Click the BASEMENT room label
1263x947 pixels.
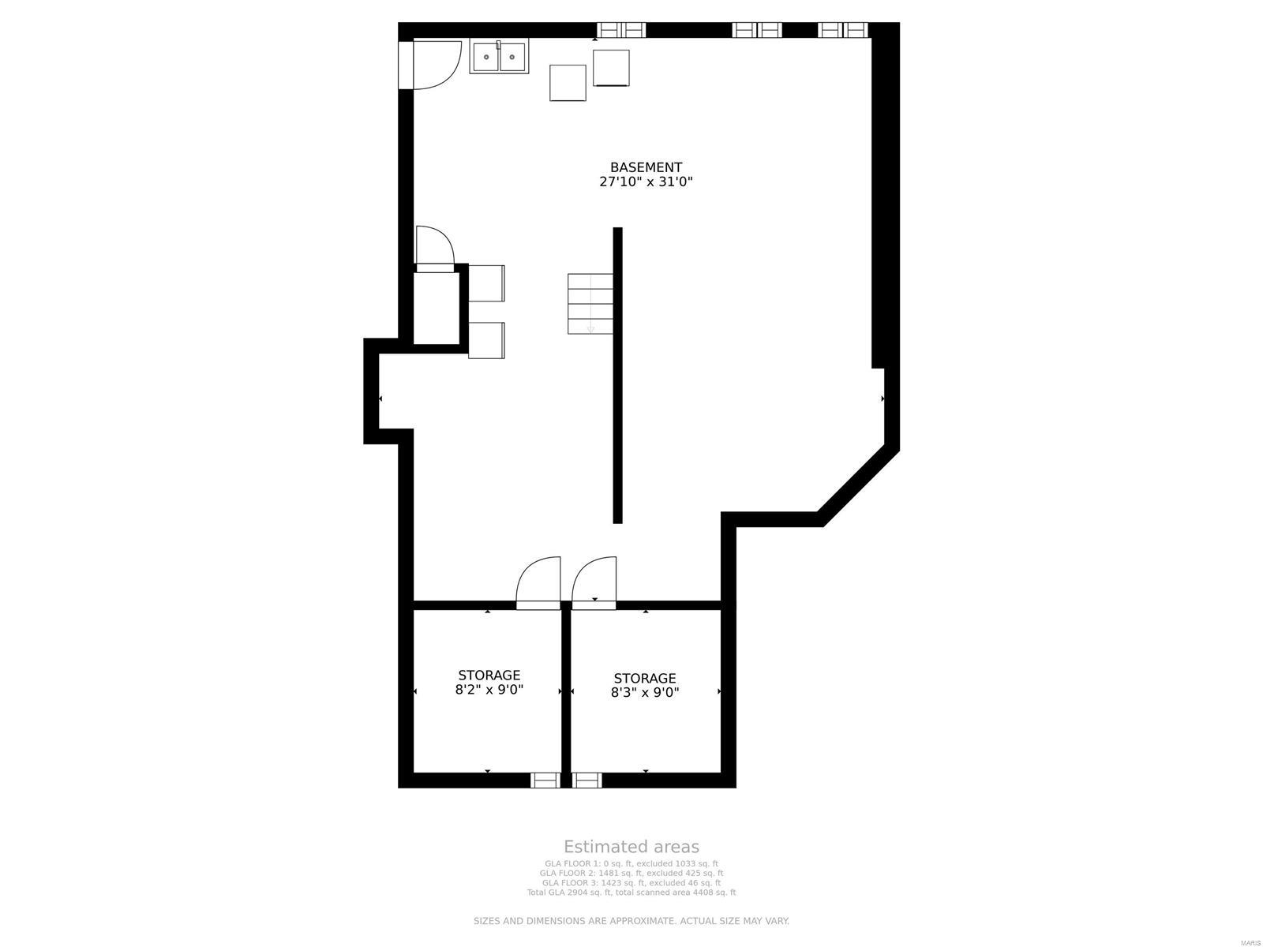[646, 167]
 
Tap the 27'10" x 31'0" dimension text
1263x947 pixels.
[646, 182]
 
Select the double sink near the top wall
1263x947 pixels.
[499, 57]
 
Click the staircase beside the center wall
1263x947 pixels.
[590, 304]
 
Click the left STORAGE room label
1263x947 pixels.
[489, 676]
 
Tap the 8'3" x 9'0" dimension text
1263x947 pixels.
[645, 693]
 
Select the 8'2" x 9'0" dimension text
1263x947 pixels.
[489, 690]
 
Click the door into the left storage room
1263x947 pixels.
[538, 584]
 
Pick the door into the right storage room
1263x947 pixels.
[594, 584]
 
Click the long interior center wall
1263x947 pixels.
[617, 375]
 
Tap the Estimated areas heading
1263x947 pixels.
[631, 848]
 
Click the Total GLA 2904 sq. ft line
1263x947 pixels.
[631, 893]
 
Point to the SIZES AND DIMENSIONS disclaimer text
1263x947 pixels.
[631, 921]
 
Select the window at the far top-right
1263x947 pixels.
[842, 30]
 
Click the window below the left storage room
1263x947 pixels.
[545, 780]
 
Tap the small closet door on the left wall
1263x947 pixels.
[434, 249]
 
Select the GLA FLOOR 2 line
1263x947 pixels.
[631, 874]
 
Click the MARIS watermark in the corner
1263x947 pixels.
[1249, 942]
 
